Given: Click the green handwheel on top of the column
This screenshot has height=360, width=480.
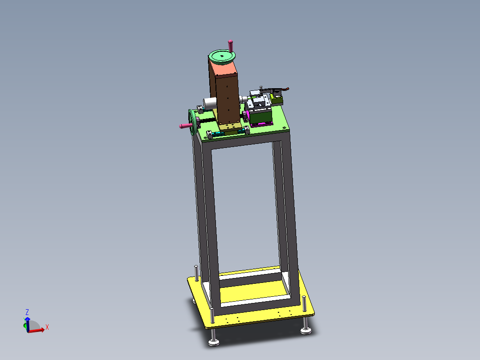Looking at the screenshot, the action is pos(222,57).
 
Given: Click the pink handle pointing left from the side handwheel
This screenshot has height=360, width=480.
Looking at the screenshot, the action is pos(186,126).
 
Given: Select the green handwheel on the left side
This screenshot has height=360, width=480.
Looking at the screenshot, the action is pos(192,122).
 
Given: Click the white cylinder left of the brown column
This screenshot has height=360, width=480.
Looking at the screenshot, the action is pos(209,103).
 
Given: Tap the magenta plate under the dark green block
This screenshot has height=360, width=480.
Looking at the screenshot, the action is pos(262,124).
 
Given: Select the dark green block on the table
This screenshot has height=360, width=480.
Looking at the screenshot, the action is pos(261,116).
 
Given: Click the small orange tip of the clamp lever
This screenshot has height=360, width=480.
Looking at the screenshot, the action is pos(287,89).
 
